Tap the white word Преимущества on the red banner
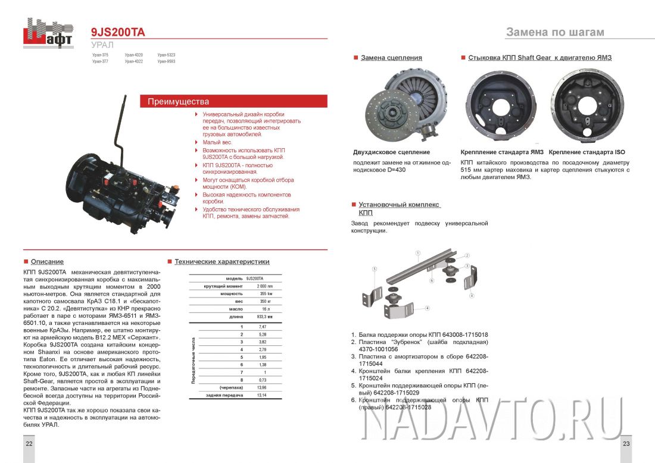[x=178, y=102]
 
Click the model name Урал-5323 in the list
[x=166, y=55]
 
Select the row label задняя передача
[x=224, y=395]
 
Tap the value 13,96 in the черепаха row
[x=260, y=387]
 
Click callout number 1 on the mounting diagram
[x=419, y=252]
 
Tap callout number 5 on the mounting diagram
[x=375, y=269]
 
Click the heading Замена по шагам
[x=554, y=32]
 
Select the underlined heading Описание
[x=47, y=262]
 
